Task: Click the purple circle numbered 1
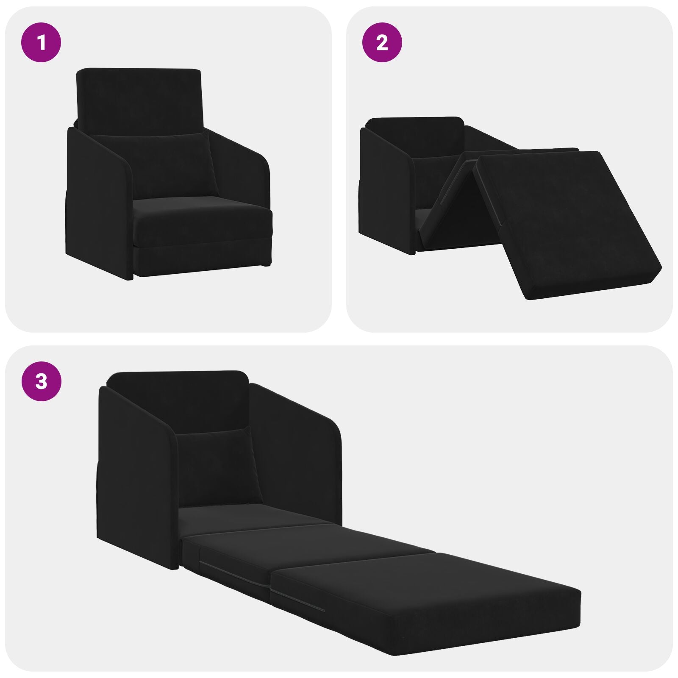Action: tap(42, 42)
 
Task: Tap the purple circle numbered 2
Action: tap(382, 42)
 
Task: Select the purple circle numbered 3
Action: tap(42, 381)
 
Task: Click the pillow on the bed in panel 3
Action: tap(218, 466)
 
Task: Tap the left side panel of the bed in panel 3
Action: tap(136, 487)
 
